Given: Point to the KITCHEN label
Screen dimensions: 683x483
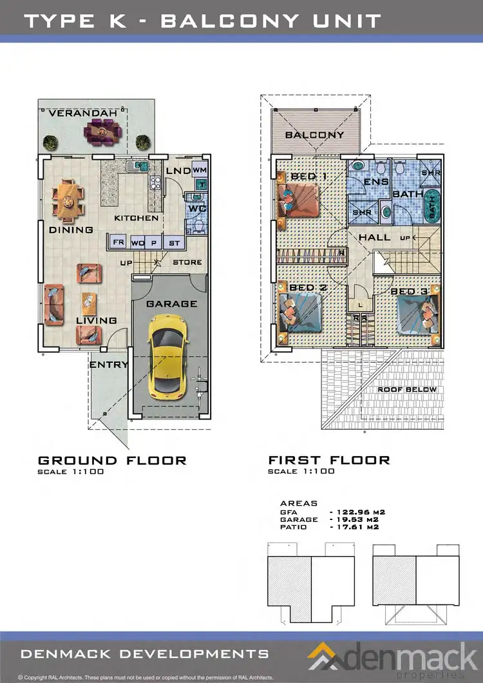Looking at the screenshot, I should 136,218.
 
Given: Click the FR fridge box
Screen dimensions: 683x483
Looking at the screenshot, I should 118,242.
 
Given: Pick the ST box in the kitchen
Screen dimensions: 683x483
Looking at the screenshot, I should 174,242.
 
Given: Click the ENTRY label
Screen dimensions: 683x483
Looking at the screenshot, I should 108,364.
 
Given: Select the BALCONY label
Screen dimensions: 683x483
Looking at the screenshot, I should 314,135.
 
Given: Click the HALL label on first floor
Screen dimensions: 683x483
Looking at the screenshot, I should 374,237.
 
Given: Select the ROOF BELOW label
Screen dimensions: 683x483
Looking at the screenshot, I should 406,389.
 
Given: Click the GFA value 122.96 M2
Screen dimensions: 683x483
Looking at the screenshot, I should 356,512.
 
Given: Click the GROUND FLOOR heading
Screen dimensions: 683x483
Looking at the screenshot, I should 112,460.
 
